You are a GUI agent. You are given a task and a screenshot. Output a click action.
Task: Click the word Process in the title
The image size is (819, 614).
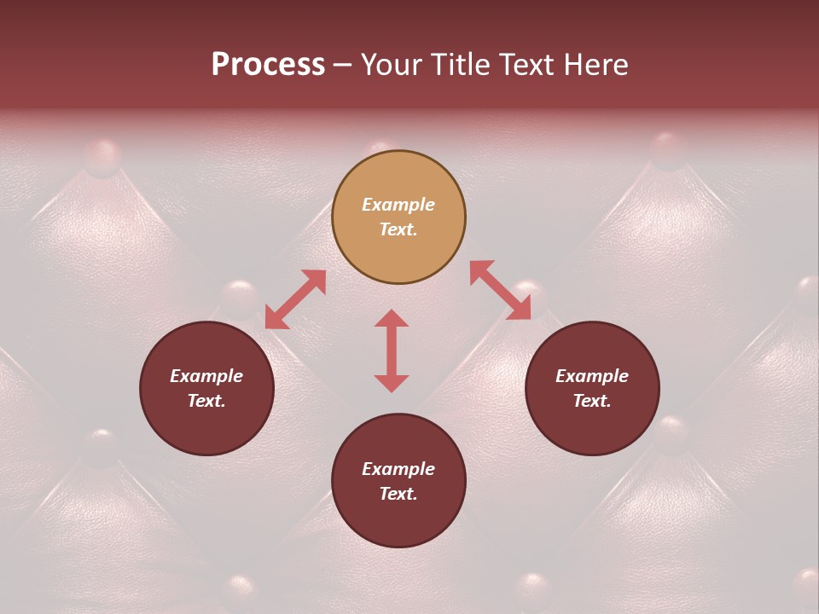268,65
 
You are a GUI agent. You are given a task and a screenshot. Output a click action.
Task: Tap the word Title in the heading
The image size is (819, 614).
463,65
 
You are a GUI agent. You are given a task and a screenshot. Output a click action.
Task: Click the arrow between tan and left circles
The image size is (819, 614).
295,299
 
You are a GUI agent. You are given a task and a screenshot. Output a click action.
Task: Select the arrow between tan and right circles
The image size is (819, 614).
500,291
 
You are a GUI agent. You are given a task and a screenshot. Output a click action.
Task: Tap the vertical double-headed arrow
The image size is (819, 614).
392,350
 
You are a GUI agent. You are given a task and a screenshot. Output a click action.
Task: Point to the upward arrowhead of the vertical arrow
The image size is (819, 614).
392,318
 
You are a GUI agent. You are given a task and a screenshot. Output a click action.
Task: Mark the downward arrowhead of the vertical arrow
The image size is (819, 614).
392,383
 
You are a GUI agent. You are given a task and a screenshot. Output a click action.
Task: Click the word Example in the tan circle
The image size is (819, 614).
398,205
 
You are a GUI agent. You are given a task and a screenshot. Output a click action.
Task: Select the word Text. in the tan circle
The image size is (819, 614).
398,229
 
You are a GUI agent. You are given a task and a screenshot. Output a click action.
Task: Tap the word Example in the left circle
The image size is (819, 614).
206,376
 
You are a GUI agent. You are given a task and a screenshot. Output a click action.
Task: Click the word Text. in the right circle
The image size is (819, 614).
592,401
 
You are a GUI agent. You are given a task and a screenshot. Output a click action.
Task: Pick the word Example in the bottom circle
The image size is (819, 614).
398,469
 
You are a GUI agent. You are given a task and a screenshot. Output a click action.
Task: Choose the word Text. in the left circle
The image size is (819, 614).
206,401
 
